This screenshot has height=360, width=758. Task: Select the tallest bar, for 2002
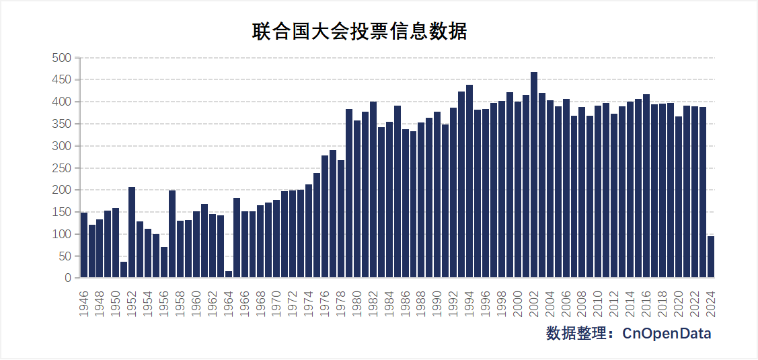(x=534, y=175)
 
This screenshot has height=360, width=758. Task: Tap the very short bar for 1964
(x=229, y=275)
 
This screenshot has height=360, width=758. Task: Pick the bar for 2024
(x=711, y=257)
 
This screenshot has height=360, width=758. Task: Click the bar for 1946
(x=84, y=245)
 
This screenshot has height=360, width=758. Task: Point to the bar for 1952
(x=132, y=232)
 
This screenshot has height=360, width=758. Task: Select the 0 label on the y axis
(x=67, y=278)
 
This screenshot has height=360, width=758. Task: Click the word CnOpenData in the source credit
(x=667, y=334)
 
